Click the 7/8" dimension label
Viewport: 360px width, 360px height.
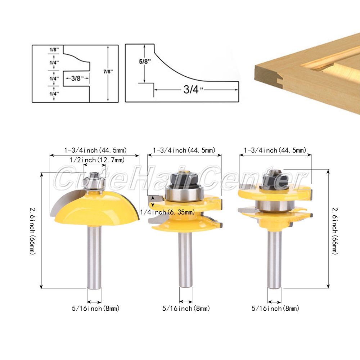coord(108,72)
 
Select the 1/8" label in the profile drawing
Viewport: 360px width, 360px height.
coord(54,49)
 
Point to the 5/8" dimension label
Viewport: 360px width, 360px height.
coord(145,62)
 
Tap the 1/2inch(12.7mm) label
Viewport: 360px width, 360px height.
coord(97,160)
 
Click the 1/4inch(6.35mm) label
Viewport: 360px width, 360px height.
coord(167,212)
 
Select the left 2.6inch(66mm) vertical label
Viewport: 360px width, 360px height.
coord(33,231)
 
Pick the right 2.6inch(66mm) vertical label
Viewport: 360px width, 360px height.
coord(335,231)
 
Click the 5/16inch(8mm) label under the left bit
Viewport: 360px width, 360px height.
coord(96,309)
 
